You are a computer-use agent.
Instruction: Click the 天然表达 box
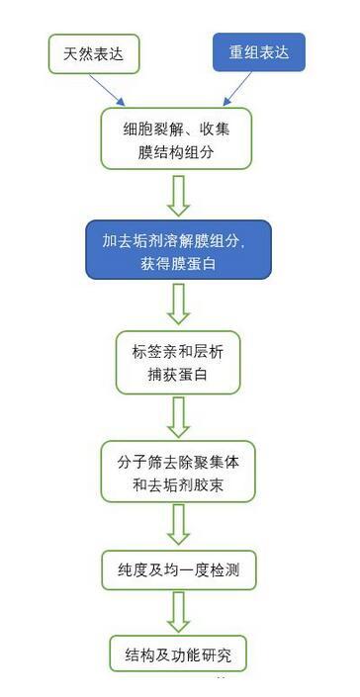coord(94,54)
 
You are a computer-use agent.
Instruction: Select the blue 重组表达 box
coord(259,52)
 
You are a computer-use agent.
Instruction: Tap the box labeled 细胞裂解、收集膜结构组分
coord(176,138)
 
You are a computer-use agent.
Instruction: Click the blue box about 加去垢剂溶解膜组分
coord(178,250)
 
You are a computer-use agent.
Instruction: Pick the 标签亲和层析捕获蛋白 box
coord(178,362)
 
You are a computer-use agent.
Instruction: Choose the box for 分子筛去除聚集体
coord(178,472)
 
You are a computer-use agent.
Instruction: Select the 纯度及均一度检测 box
coord(179,570)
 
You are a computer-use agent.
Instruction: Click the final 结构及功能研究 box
coord(178,653)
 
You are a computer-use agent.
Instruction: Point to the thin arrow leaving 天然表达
coord(107,90)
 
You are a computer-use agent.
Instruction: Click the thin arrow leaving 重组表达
coord(237,89)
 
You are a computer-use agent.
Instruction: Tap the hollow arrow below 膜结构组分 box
coord(179,196)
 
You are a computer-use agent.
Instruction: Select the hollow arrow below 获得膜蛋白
coord(179,305)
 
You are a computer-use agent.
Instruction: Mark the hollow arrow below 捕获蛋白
coord(179,417)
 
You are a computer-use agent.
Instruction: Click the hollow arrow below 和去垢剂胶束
coord(179,525)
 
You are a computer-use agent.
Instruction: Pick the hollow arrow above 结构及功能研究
coord(179,612)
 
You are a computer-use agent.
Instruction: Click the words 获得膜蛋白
coord(177,264)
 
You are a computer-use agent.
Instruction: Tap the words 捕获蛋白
coord(178,375)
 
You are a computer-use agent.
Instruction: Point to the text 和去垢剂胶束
coord(178,485)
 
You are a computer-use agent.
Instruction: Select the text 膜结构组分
coord(176,153)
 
